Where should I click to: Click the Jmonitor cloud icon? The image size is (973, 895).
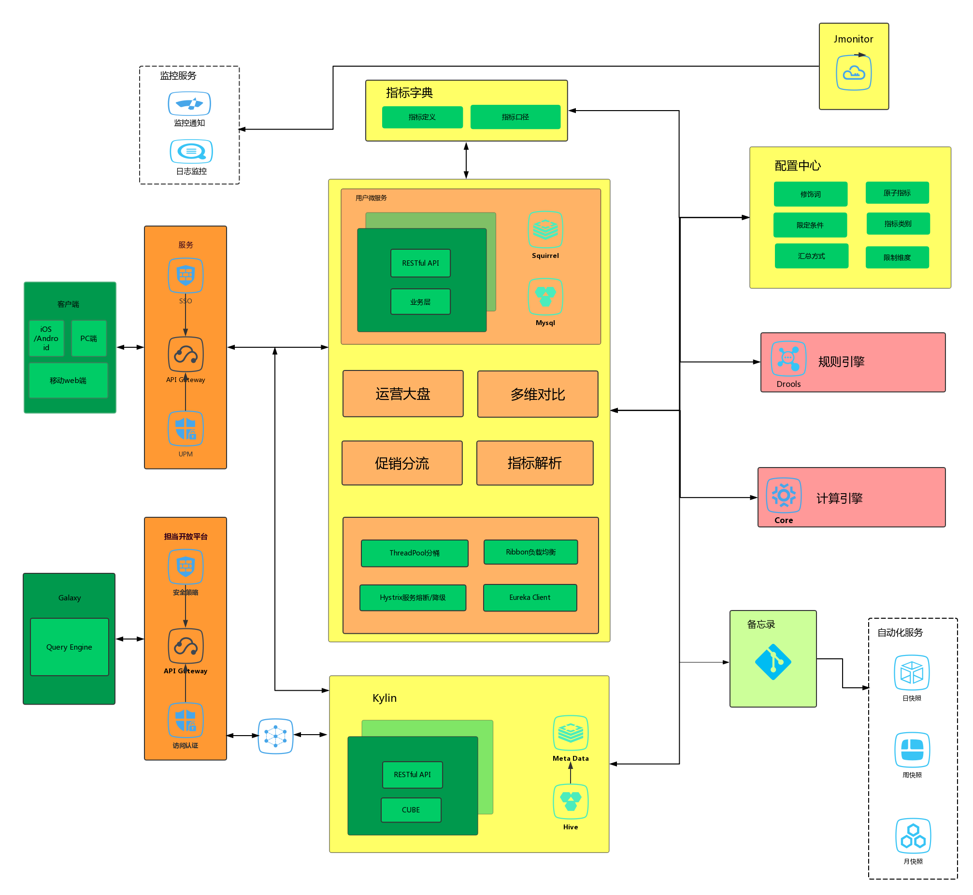[853, 72]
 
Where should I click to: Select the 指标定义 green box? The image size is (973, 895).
[422, 117]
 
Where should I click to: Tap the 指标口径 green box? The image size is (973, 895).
[515, 117]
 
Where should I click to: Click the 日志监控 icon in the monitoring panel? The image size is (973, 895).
[191, 152]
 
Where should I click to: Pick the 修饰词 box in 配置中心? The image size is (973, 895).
[810, 194]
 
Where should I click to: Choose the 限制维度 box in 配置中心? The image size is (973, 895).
[897, 257]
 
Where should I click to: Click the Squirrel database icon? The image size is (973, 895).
[545, 229]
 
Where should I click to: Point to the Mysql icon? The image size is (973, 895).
[545, 297]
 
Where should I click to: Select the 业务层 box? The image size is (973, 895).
[420, 302]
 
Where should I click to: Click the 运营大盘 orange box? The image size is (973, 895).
[403, 394]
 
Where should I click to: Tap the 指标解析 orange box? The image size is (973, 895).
[535, 463]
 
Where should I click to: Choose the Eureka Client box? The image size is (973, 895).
[530, 597]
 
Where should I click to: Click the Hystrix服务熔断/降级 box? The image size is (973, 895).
[413, 597]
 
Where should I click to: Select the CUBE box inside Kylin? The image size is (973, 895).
[411, 810]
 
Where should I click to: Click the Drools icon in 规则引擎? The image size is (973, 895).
[788, 359]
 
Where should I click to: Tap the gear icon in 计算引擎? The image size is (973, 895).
[784, 495]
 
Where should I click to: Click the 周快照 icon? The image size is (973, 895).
[912, 750]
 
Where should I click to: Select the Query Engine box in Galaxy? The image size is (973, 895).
[69, 647]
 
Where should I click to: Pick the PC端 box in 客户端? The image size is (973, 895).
[88, 339]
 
